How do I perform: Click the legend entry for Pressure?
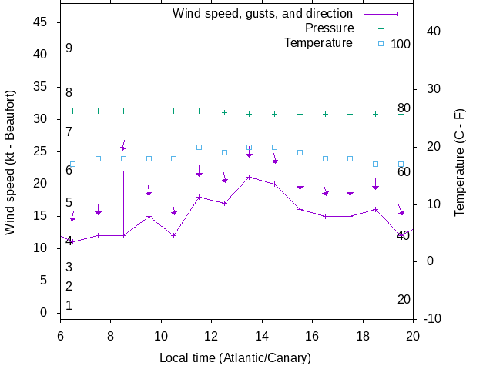tap(329, 28)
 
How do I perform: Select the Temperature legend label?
tap(318, 43)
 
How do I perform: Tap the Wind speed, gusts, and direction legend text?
tap(262, 14)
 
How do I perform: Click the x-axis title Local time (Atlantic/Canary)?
tap(234, 358)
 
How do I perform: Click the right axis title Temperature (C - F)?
tap(459, 162)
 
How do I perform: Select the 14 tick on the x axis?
tap(262, 336)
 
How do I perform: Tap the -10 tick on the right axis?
tap(432, 318)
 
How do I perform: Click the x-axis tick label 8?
tap(111, 336)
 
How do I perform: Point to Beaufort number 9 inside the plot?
tap(69, 48)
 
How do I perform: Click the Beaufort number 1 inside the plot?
tap(69, 306)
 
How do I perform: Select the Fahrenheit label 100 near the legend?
tap(401, 44)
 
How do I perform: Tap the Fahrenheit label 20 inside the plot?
tap(404, 300)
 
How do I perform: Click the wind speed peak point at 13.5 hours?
tap(249, 177)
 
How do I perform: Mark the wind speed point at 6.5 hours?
tap(72, 242)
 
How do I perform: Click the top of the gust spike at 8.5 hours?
tap(123, 171)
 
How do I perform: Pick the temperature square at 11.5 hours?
tap(199, 147)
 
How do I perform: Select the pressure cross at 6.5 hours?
tap(72, 111)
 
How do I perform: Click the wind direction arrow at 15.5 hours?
tap(300, 184)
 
